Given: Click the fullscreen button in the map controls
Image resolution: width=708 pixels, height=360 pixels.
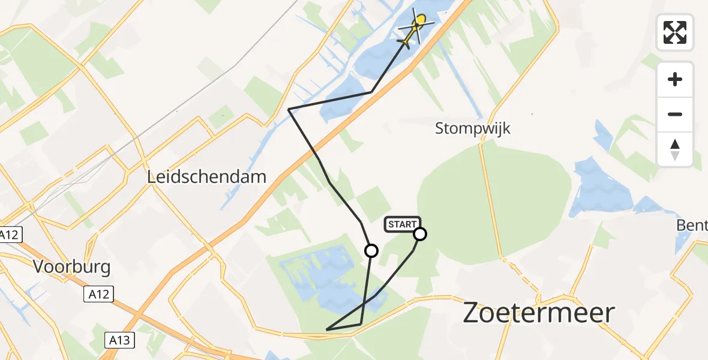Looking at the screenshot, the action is pos(675,32).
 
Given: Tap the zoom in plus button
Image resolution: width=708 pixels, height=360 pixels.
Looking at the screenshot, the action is pos(675,79).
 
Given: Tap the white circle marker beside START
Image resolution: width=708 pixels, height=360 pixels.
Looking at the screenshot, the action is pos(420,234).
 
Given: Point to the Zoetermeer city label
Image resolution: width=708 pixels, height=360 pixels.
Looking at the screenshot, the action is pos(539,313).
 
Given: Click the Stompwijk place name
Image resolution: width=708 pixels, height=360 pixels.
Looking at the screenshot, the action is pos(473,128).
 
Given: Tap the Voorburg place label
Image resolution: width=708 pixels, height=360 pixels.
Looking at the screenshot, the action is pos(72,267).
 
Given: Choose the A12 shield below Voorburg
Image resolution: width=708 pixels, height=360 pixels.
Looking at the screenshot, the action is pos(98,293).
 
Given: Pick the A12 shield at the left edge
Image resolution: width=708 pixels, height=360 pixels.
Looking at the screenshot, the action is pos(9,235).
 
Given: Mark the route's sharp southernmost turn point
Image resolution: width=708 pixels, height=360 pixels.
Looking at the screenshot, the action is pos(327,329).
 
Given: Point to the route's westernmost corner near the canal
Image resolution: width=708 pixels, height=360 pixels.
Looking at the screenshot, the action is pos(289,109).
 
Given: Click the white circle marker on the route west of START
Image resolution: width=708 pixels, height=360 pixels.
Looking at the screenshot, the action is pos(371,251).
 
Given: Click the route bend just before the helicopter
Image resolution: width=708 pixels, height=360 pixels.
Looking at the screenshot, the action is pos(372,92).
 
